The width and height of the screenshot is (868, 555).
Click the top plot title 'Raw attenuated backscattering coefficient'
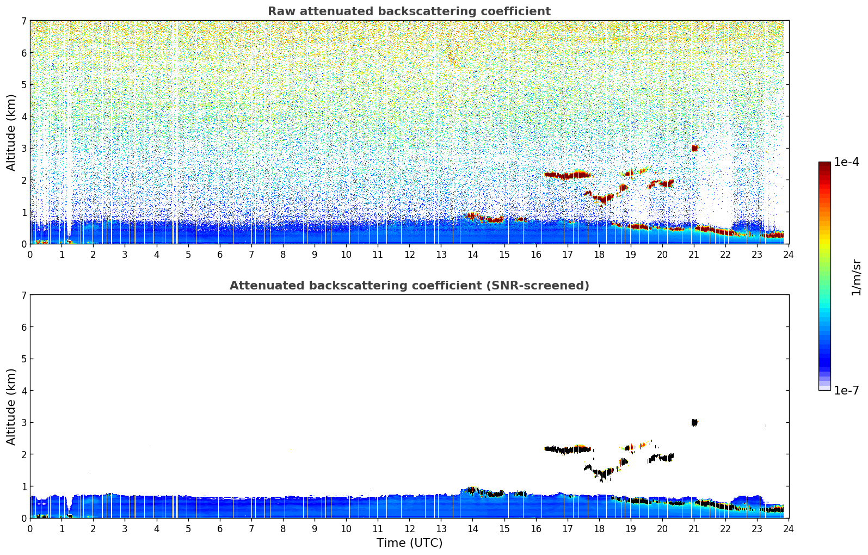click(x=409, y=11)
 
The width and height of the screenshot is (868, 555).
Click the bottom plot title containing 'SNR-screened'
click(x=409, y=286)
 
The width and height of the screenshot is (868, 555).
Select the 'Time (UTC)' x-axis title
click(x=409, y=543)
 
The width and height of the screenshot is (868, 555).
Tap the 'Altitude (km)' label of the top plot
click(x=11, y=132)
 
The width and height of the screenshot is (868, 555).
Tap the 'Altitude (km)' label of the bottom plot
click(x=11, y=406)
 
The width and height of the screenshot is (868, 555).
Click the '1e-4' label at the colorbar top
click(x=846, y=162)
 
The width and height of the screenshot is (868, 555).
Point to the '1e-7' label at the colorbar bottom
click(x=846, y=391)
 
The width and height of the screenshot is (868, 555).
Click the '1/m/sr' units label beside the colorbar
click(x=856, y=277)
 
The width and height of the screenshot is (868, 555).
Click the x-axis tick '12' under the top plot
click(x=409, y=254)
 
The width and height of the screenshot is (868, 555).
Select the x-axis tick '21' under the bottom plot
click(x=694, y=528)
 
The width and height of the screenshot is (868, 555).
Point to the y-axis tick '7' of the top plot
click(x=24, y=21)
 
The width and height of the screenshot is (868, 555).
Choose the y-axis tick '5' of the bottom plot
click(x=24, y=359)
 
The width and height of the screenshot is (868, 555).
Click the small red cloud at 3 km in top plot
click(x=694, y=148)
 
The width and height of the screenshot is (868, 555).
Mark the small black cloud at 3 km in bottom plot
click(x=694, y=422)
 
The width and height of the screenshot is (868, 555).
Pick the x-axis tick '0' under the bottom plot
click(x=30, y=528)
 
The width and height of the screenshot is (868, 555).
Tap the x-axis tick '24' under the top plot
click(x=789, y=254)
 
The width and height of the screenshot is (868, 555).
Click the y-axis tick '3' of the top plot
click(x=24, y=149)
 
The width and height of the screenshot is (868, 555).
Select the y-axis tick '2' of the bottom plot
click(x=24, y=454)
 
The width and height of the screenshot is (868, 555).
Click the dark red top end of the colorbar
click(x=824, y=164)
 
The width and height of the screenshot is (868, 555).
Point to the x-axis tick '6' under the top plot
click(x=220, y=254)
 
